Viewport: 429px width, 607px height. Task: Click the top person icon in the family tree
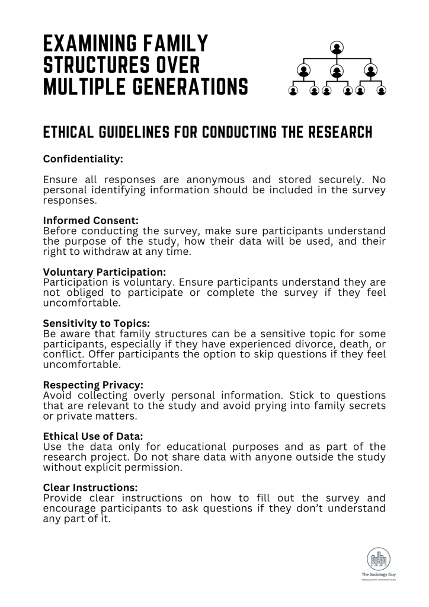[337, 47]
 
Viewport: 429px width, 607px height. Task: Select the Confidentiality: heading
[83, 159]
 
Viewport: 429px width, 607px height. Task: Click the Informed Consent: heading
[91, 221]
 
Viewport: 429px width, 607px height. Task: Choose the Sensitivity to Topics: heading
[97, 324]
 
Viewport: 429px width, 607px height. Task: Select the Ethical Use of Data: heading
[93, 436]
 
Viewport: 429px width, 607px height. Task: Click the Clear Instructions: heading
[90, 487]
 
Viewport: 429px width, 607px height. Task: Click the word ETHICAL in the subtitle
[70, 132]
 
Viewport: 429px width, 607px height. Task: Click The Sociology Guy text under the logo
[378, 574]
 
